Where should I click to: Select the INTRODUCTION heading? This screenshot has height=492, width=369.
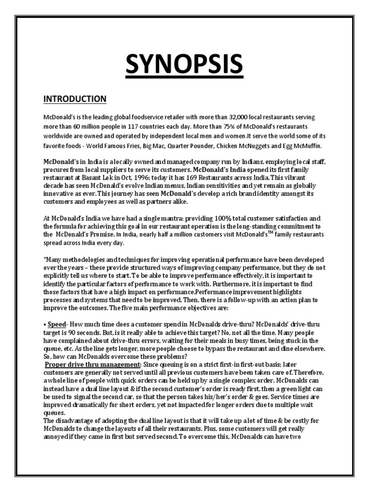pos(75,99)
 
